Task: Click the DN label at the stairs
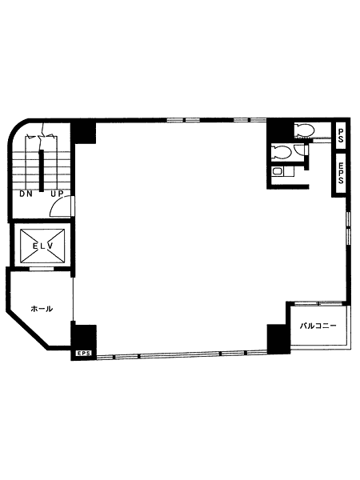26,194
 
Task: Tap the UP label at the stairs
57,194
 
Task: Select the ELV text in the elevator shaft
43,246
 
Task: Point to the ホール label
42,309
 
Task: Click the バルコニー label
318,326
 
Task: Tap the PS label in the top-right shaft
341,135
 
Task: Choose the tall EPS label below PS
341,173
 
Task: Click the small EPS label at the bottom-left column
83,353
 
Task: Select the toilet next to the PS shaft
305,130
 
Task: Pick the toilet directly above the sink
282,152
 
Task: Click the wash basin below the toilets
277,171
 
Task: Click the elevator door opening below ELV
42,269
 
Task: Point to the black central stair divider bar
41,170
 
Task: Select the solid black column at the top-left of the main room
83,133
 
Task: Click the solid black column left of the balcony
278,339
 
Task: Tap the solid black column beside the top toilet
280,130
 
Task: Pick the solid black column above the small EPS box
84,337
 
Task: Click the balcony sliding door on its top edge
318,304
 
